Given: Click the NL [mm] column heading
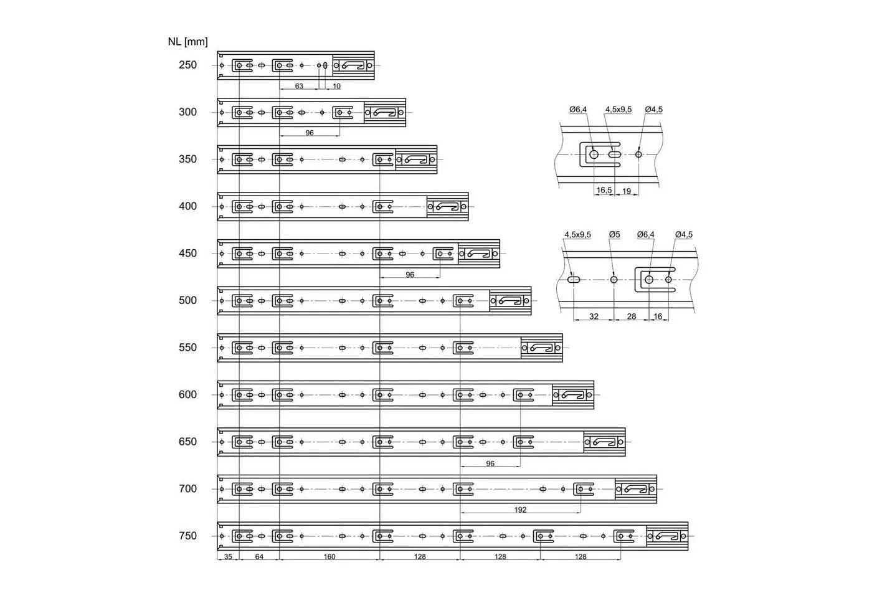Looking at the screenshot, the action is tap(187, 42).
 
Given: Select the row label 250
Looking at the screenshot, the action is tap(187, 65).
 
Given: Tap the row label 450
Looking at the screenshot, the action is tap(187, 254).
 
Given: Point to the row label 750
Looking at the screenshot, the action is tap(187, 536).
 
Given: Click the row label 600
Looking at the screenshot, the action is tap(187, 395).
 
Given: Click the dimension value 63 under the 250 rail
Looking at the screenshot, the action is tap(299, 86).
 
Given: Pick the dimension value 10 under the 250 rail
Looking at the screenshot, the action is tap(336, 86).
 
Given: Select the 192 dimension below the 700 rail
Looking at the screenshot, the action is tap(520, 510).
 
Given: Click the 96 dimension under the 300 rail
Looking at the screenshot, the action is tap(310, 133).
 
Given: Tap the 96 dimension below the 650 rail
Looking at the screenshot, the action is tap(490, 463).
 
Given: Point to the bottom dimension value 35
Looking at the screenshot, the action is tap(228, 557).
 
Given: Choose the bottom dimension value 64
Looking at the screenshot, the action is tap(259, 557).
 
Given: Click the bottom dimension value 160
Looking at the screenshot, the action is tap(329, 557).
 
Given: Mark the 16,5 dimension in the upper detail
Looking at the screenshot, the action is tap(604, 190).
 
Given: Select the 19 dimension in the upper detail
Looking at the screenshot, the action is tap(627, 191).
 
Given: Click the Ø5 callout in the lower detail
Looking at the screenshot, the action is tap(614, 234).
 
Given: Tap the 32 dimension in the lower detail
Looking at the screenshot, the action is tap(594, 316).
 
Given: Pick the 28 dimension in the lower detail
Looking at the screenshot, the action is tap(632, 316).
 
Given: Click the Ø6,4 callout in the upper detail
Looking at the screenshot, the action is tap(578, 110).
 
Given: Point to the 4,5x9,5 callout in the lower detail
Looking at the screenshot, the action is tap(578, 235).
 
